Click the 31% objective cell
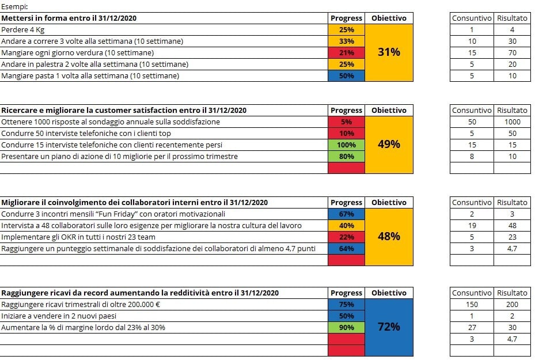389,52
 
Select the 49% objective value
389,145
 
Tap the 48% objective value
389,237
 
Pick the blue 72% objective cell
389,327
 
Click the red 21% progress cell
346,52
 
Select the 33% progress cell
346,41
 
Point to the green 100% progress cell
346,145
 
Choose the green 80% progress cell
346,156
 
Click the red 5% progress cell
346,122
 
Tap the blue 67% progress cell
346,214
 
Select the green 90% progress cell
346,327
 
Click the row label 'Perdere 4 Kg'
23,29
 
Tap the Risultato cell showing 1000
512,122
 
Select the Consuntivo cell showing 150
472,304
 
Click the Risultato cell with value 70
512,52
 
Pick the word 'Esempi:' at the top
14,7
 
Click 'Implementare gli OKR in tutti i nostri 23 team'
78,237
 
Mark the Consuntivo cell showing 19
472,225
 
